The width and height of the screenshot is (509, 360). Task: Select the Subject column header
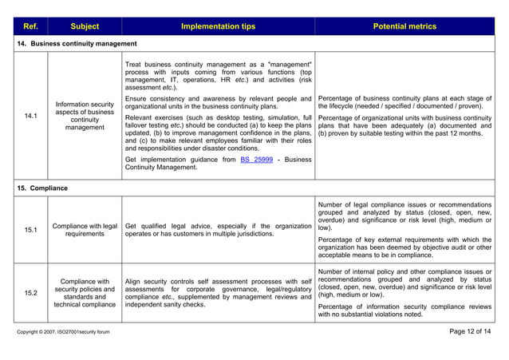pyautogui.click(x=85, y=26)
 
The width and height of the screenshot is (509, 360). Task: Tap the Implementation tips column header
pyautogui.click(x=218, y=26)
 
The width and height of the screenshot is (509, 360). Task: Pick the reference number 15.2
pyautogui.click(x=30, y=293)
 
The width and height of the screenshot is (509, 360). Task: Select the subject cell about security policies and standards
pyautogui.click(x=85, y=293)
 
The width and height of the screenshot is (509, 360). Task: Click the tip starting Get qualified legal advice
pyautogui.click(x=218, y=230)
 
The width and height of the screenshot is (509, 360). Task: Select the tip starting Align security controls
pyautogui.click(x=218, y=292)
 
